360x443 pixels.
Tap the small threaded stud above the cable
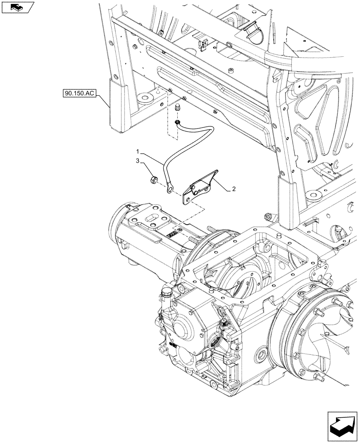(x=179, y=108)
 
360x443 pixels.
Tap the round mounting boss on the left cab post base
(x=143, y=97)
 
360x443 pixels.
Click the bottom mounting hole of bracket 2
(x=187, y=201)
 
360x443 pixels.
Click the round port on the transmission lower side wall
(x=258, y=354)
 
